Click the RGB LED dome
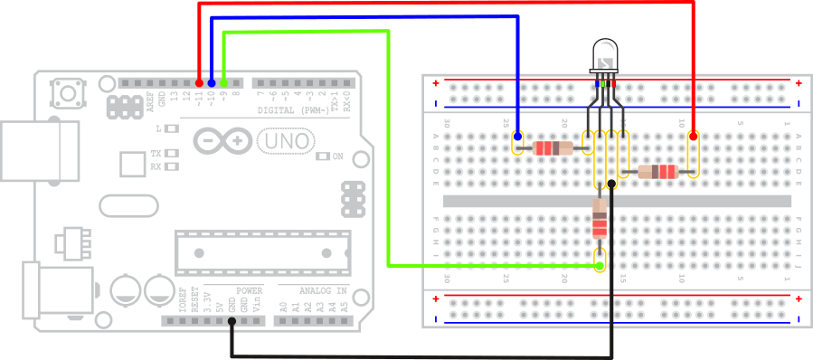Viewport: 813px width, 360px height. [604, 55]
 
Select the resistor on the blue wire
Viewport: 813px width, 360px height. [553, 147]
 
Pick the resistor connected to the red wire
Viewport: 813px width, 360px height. [657, 172]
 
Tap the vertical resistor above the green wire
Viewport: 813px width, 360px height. [599, 219]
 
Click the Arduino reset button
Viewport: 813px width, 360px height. [66, 92]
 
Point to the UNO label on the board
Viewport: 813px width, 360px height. [287, 141]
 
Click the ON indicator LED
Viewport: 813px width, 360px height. [324, 156]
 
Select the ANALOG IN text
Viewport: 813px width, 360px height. [312, 290]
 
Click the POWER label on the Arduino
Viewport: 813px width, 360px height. [250, 290]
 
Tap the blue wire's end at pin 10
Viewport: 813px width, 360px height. [211, 81]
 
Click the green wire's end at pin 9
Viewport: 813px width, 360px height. [223, 81]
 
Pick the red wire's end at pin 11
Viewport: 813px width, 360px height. [199, 81]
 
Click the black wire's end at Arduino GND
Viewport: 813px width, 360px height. [232, 323]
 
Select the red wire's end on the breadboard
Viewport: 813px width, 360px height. [693, 137]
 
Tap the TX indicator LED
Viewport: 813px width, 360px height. [171, 153]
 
